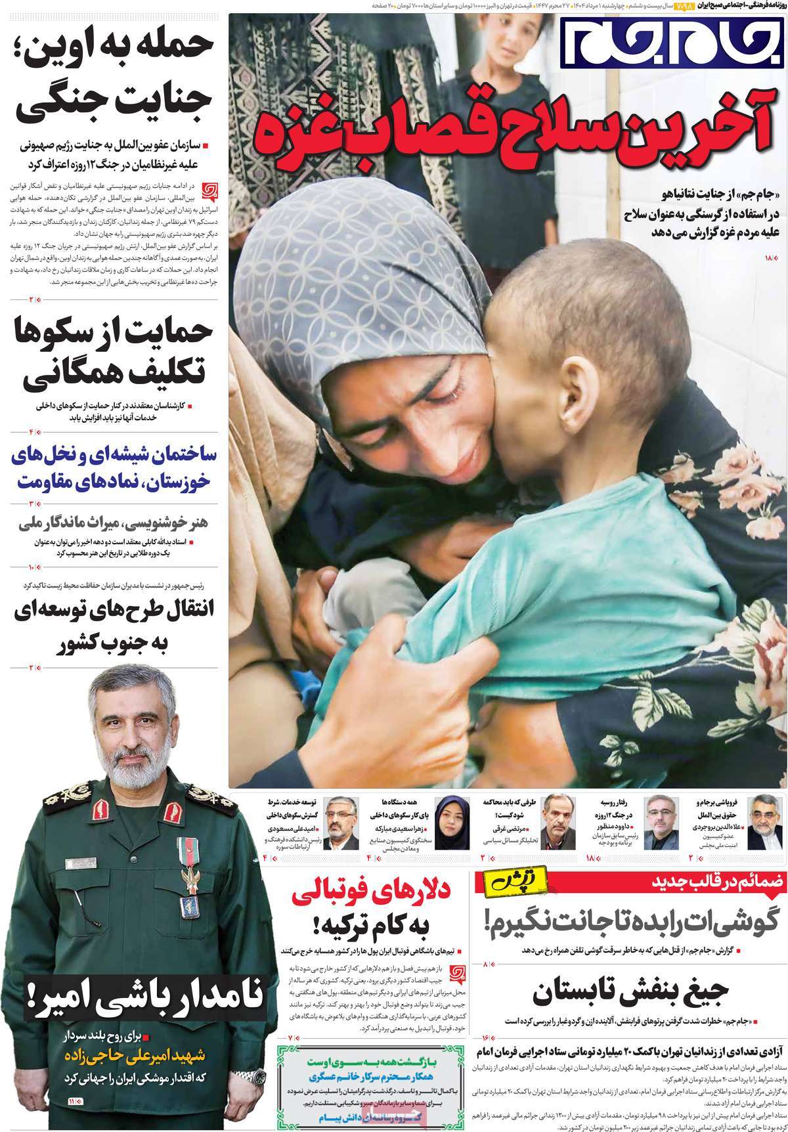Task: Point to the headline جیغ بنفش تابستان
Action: click(x=630, y=995)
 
